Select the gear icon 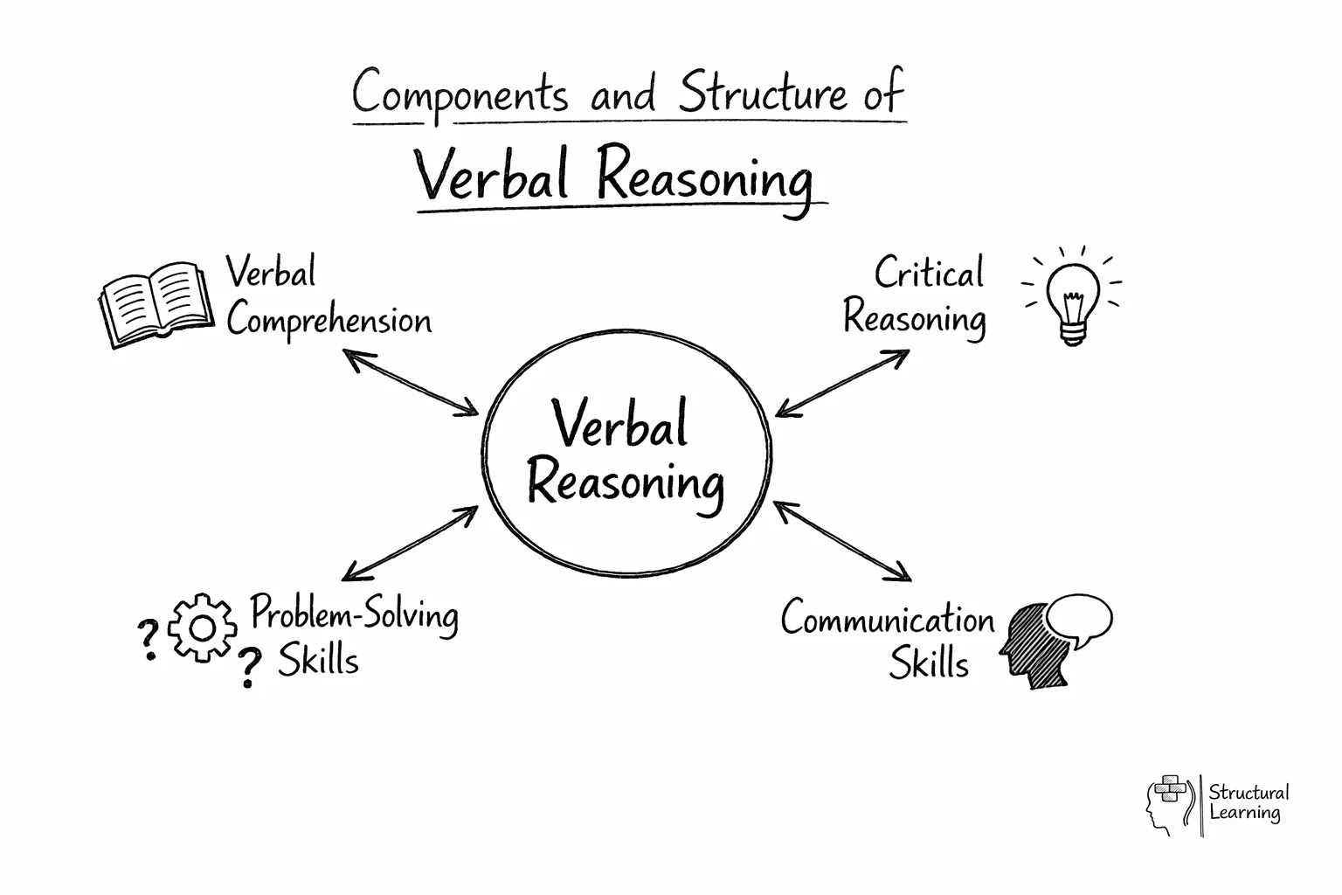[201, 628]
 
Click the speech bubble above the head [1080, 620]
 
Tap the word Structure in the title [763, 93]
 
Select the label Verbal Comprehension [328, 297]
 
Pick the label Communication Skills [888, 641]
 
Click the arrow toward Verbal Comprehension [410, 382]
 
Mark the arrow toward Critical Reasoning [842, 383]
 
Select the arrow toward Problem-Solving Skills [410, 544]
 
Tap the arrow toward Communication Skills [842, 541]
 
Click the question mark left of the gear [149, 639]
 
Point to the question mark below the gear [249, 668]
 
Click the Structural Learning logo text [1248, 802]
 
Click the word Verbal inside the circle [620, 426]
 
